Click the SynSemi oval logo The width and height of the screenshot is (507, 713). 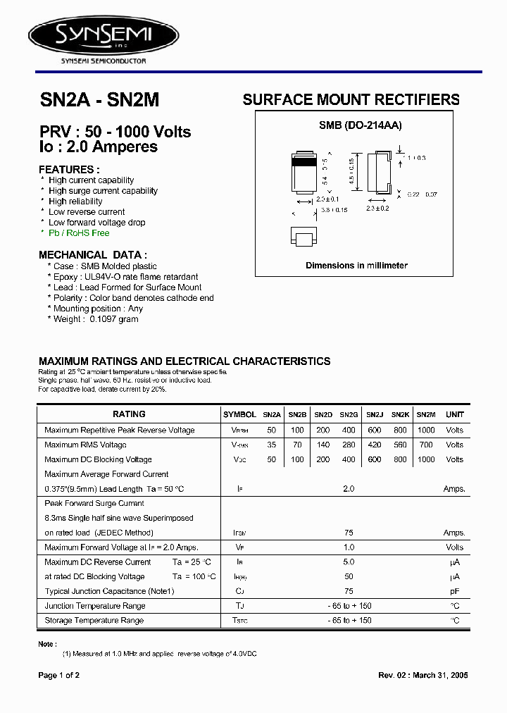[x=103, y=34]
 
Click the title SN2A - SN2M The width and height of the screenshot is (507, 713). [x=99, y=101]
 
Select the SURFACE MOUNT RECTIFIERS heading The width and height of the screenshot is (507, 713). [x=351, y=100]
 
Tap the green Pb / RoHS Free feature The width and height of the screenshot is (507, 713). [x=79, y=233]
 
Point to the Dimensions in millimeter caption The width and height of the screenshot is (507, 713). [x=356, y=266]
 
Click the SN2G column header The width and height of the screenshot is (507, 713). [x=349, y=415]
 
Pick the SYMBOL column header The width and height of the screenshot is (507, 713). [x=239, y=415]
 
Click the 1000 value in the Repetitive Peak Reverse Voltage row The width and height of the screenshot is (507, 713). [x=426, y=430]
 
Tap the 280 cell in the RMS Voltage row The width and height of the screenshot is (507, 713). [x=349, y=445]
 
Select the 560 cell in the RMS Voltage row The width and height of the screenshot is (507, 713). [x=400, y=445]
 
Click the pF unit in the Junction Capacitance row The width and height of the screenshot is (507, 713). [x=454, y=592]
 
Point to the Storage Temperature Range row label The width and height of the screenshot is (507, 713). [x=94, y=621]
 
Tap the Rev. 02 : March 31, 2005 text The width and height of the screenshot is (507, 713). [x=423, y=675]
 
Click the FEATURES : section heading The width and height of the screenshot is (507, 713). [x=69, y=170]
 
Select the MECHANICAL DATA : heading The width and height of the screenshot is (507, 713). [x=93, y=255]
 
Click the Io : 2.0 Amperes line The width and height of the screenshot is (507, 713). [x=98, y=147]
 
